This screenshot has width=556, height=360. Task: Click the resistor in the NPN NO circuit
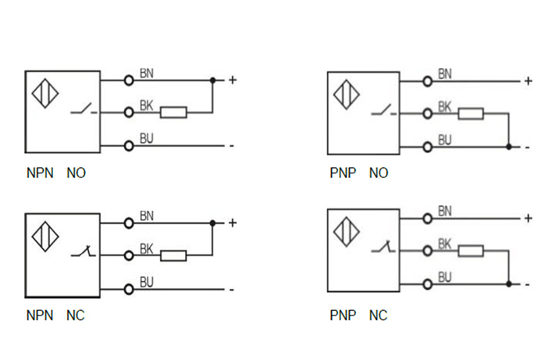click(173, 112)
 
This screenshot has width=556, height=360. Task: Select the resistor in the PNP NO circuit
click(471, 114)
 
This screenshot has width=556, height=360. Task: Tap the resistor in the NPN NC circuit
click(173, 255)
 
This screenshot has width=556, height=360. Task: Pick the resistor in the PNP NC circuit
click(471, 251)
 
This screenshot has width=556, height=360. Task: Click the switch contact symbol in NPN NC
click(83, 253)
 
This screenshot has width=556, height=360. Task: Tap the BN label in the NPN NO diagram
click(146, 74)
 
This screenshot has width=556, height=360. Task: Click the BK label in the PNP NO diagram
click(444, 106)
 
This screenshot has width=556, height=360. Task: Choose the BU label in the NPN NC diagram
click(146, 281)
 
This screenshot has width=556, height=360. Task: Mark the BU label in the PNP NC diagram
click(444, 276)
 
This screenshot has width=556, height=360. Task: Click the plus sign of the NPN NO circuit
click(231, 80)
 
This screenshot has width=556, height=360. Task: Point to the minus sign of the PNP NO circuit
click(528, 147)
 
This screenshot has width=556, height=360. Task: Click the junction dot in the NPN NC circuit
click(212, 223)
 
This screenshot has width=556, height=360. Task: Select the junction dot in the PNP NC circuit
click(508, 283)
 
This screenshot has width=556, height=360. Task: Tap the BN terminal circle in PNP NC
click(427, 218)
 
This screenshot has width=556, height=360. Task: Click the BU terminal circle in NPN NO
click(128, 145)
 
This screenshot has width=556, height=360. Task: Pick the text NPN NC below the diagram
click(55, 316)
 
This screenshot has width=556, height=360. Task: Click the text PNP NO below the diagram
click(358, 173)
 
